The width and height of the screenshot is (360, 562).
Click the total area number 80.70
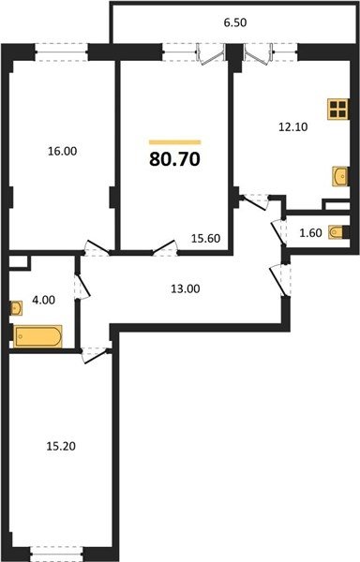tap(174, 159)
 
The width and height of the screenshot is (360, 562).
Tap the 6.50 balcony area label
tap(235, 22)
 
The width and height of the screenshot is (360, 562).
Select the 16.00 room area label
tap(63, 151)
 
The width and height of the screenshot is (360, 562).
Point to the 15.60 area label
tap(205, 238)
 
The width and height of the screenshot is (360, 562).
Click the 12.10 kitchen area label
tap(293, 126)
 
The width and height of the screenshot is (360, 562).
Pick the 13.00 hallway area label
tap(186, 288)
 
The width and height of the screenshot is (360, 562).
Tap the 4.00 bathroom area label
tap(44, 300)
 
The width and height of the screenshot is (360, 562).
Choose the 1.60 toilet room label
tap(311, 233)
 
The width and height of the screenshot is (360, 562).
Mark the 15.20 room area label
tap(61, 446)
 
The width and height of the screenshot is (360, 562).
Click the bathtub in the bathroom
tap(37, 336)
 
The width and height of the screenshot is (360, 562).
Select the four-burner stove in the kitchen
tap(338, 110)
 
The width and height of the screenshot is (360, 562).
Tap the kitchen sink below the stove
tap(340, 176)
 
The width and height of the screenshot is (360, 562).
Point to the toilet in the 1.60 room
tap(338, 232)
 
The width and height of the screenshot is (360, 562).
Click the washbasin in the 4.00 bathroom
tap(16, 308)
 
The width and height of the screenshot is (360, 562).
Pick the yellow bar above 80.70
tap(175, 142)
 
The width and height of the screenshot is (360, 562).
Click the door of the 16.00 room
tap(97, 247)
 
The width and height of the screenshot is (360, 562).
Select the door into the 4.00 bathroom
tap(82, 287)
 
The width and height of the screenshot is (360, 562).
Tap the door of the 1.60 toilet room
tap(278, 231)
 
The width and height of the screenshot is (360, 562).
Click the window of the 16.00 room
tap(62, 52)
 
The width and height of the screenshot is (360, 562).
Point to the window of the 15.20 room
tap(56, 554)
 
